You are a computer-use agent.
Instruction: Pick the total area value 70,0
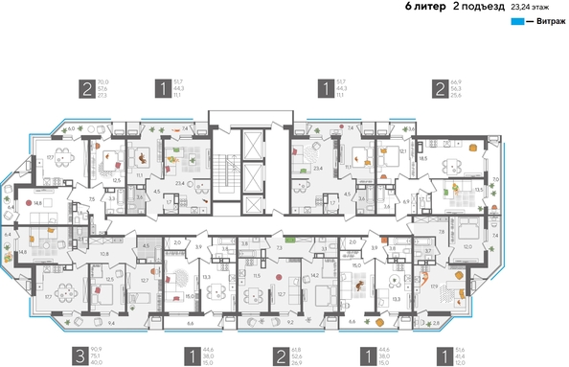coord(103,82)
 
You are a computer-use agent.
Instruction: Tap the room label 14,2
coord(315,276)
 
